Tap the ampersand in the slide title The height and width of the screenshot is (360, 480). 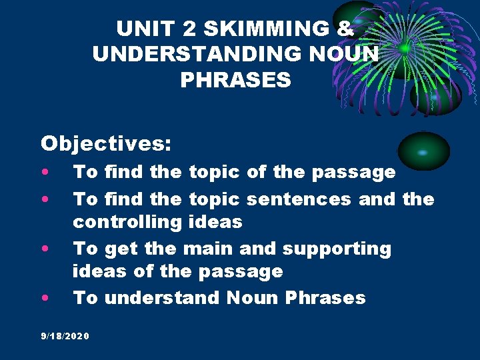click(x=346, y=29)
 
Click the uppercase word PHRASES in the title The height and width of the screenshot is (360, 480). click(x=235, y=80)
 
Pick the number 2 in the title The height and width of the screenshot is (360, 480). click(x=183, y=29)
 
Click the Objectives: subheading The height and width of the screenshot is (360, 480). click(x=106, y=143)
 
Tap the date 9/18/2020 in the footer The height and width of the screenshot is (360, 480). click(x=65, y=335)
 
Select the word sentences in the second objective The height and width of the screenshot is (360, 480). click(x=300, y=199)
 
